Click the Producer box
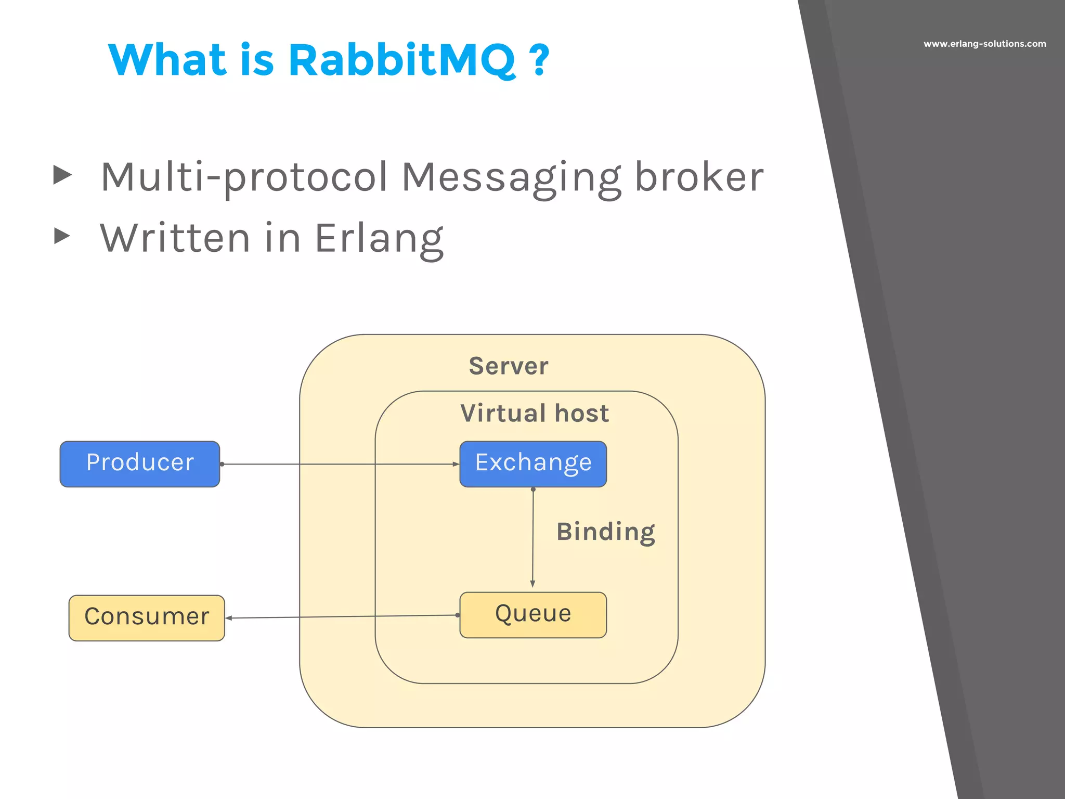click(x=140, y=464)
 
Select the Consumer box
click(x=147, y=618)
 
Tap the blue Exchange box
click(x=533, y=464)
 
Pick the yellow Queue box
click(x=533, y=615)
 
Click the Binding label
click(x=605, y=532)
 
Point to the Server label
click(x=509, y=366)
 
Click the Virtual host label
click(x=535, y=414)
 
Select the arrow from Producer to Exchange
click(x=338, y=464)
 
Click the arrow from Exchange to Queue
click(x=532, y=538)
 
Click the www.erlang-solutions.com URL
click(x=984, y=44)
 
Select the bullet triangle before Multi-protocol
click(x=62, y=175)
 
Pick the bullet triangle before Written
click(x=62, y=236)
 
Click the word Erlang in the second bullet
click(x=379, y=239)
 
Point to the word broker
click(x=699, y=177)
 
